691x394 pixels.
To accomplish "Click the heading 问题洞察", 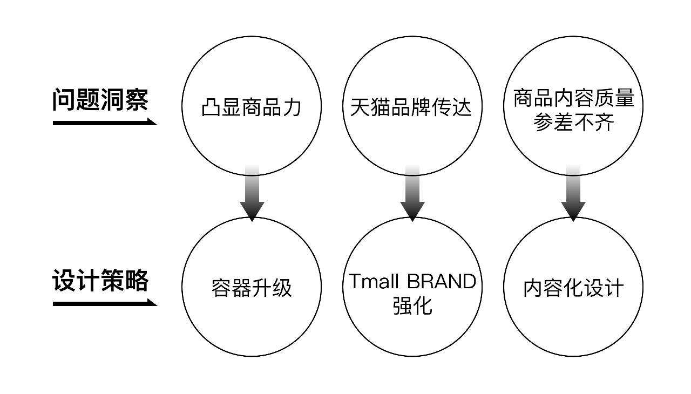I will (100, 100).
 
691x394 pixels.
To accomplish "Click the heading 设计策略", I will (100, 281).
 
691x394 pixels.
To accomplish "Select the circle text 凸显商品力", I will (251, 107).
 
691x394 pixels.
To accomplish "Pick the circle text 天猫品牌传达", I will (411, 107).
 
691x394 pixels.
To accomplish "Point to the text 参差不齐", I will (573, 124).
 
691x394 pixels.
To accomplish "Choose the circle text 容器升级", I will (252, 288).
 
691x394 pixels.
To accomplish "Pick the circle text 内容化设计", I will (573, 288).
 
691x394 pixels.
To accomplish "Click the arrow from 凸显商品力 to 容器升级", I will (252, 194).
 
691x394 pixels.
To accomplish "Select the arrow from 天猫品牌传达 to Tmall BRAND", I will (412, 194).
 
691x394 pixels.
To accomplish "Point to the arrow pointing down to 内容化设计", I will (573, 194).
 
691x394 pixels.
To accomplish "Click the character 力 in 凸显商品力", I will (292, 107).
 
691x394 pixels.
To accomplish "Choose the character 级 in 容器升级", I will (282, 288).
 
